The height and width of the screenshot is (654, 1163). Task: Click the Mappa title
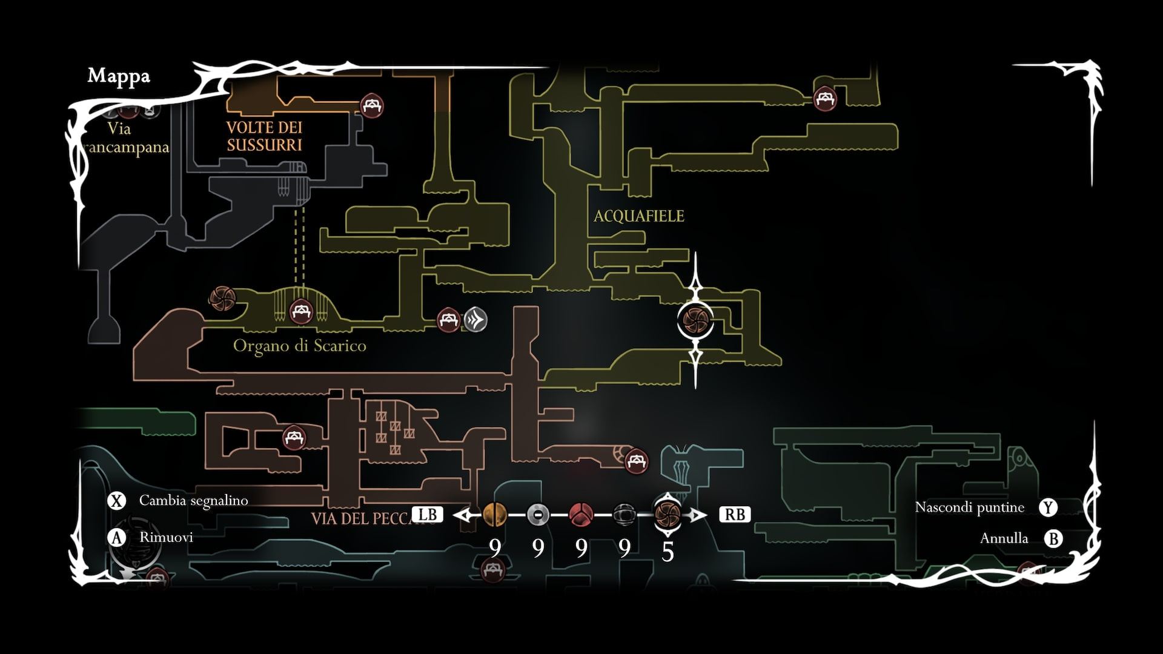(119, 76)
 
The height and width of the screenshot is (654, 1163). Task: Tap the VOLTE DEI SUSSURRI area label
(264, 136)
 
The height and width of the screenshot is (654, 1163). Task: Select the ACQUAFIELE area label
(638, 216)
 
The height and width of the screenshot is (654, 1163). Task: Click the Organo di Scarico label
(300, 346)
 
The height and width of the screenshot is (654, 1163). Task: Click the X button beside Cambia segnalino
(116, 501)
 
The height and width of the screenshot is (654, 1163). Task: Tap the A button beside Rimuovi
(116, 538)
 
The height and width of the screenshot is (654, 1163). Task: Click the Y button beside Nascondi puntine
(1048, 507)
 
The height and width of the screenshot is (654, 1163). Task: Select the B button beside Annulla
(1054, 538)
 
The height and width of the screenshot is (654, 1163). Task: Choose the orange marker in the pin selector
(495, 515)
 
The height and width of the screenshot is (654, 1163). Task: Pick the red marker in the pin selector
(581, 515)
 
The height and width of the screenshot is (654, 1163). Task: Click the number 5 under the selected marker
(668, 551)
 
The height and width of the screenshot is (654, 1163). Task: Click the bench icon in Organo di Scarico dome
(300, 312)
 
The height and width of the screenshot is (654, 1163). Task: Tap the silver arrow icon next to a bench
(476, 319)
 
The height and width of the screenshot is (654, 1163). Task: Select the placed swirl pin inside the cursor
(695, 319)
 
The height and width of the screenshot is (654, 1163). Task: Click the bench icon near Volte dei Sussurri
(371, 105)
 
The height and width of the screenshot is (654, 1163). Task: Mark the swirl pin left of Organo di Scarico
(222, 298)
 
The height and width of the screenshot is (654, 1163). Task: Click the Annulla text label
(1004, 538)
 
